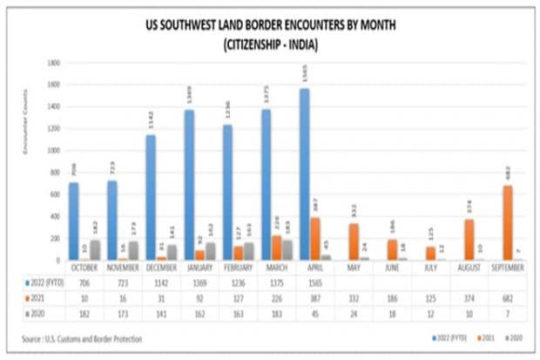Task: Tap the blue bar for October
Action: (x=73, y=221)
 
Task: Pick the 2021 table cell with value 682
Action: (x=507, y=296)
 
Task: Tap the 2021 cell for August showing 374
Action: (x=468, y=296)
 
